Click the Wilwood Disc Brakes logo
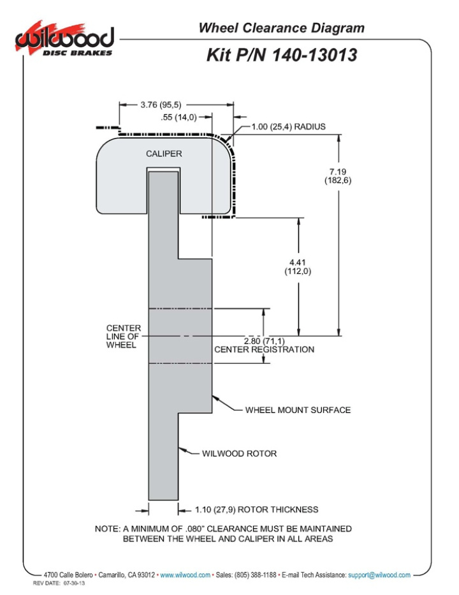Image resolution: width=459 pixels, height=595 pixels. coord(64,40)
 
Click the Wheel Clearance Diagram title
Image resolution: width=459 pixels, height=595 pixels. coord(281,28)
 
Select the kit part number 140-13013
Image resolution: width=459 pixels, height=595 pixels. coord(281,55)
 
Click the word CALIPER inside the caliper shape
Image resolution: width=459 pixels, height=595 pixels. coord(164,154)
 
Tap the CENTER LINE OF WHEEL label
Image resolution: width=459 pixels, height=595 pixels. coord(124,336)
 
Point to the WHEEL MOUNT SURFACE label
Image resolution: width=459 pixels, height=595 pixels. coord(298,410)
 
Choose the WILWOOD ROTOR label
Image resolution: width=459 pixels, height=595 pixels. coord(239,454)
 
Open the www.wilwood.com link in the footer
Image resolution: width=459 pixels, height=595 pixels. coord(185,575)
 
